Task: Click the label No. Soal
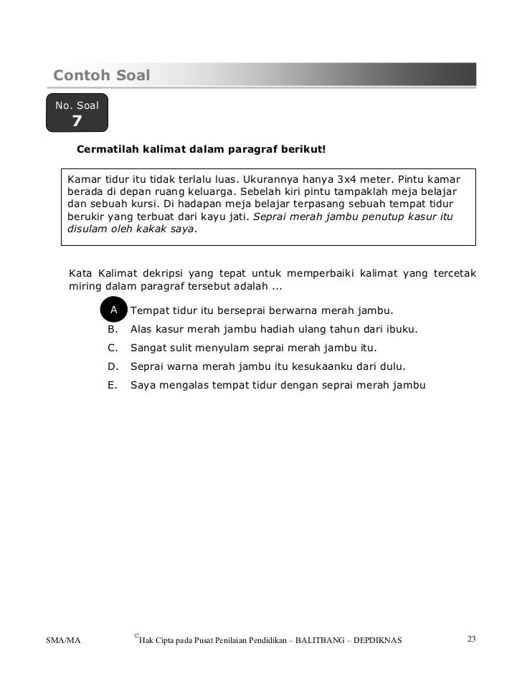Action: click(x=77, y=105)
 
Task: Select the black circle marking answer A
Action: click(x=113, y=310)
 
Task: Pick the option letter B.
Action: click(x=112, y=329)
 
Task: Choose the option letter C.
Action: click(x=112, y=348)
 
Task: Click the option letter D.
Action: click(x=112, y=366)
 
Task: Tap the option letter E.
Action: click(x=112, y=385)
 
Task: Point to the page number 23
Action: click(x=471, y=639)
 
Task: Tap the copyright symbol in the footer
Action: click(x=136, y=636)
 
